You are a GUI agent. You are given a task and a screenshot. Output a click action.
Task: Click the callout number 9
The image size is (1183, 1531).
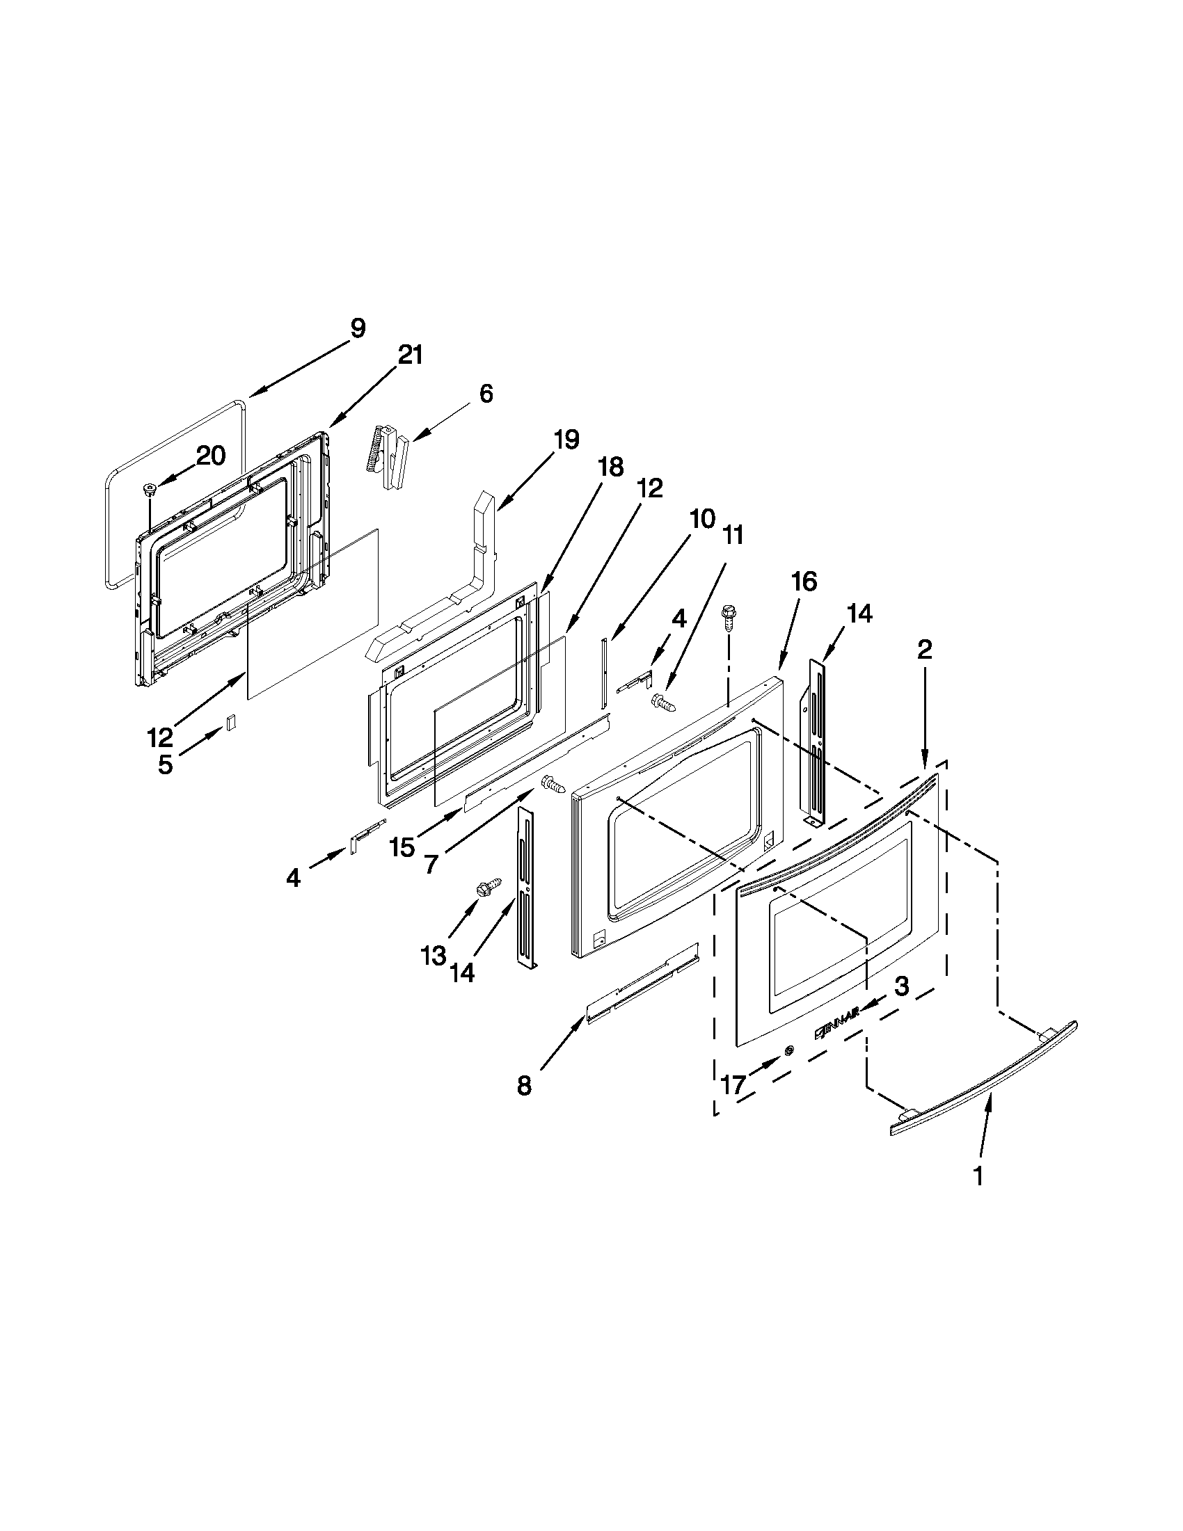(358, 329)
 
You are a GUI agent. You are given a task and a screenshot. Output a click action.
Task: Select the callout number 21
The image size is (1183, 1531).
(411, 355)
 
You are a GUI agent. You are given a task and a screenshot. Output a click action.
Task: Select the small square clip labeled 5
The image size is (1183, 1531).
(230, 723)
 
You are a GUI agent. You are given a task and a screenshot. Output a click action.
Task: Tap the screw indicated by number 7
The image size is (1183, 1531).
(554, 785)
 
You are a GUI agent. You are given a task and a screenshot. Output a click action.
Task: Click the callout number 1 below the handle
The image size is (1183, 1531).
(978, 1176)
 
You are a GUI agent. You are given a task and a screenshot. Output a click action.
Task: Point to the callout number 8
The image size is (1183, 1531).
(524, 1087)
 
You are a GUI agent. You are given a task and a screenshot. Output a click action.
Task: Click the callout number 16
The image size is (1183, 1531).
(804, 581)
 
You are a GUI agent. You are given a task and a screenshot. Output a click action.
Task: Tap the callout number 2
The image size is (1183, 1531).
(925, 650)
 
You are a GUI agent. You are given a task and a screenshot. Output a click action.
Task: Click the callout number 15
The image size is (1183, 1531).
(402, 847)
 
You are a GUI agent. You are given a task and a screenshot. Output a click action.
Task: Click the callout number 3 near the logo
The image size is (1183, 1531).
(901, 987)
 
